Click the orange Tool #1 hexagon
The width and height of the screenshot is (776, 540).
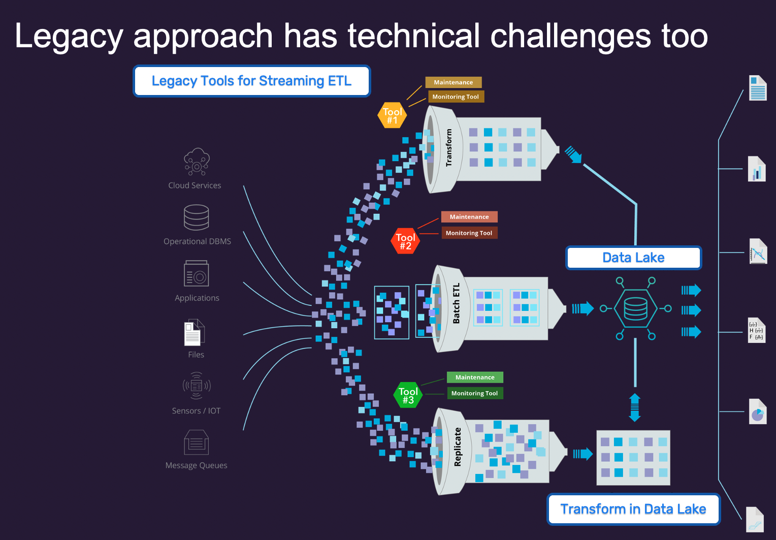pyautogui.click(x=392, y=115)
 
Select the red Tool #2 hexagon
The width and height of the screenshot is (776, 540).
pyautogui.click(x=405, y=241)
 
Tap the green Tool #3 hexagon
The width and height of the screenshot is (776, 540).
pyautogui.click(x=408, y=395)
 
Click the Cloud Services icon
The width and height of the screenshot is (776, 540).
pyautogui.click(x=197, y=162)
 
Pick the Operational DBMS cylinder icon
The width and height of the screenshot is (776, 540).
pyautogui.click(x=197, y=217)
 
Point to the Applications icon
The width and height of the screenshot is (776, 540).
pyautogui.click(x=197, y=274)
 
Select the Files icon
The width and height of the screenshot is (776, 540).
pyautogui.click(x=195, y=333)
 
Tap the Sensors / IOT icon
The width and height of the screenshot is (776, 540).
pyautogui.click(x=197, y=386)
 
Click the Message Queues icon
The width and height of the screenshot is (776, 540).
pyautogui.click(x=197, y=442)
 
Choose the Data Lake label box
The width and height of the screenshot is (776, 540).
pyautogui.click(x=633, y=258)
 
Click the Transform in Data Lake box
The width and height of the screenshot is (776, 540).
pyautogui.click(x=633, y=509)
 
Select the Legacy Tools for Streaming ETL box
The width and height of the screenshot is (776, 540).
pyautogui.click(x=251, y=81)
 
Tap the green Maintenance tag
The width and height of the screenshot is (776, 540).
pyautogui.click(x=475, y=377)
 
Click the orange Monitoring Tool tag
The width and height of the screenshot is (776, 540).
pyautogui.click(x=456, y=97)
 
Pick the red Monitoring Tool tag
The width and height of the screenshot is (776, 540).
pyautogui.click(x=469, y=233)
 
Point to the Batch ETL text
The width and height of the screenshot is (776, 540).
pyautogui.click(x=456, y=303)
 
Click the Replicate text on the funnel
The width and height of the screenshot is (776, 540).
pyautogui.click(x=458, y=447)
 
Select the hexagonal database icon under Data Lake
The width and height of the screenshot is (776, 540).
pyautogui.click(x=635, y=308)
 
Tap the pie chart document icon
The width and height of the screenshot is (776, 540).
pyautogui.click(x=757, y=412)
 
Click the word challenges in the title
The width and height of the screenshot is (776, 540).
pyautogui.click(x=570, y=36)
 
